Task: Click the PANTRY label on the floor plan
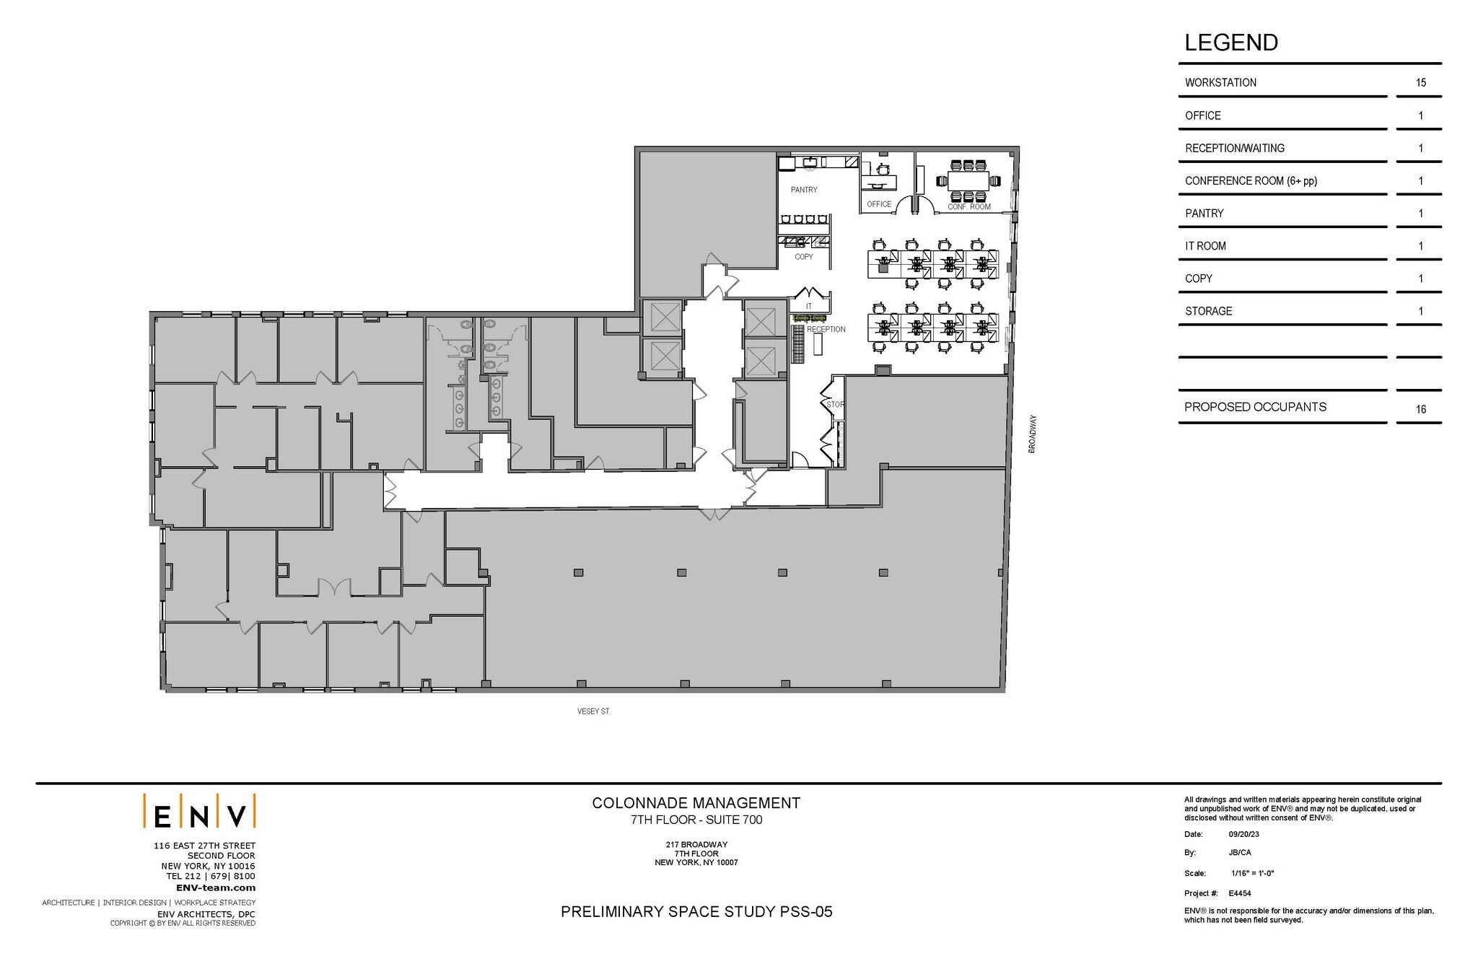pyautogui.click(x=803, y=190)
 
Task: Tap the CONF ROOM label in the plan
pyautogui.click(x=968, y=207)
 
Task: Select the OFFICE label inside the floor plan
pyautogui.click(x=878, y=204)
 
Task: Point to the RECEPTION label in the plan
pyautogui.click(x=826, y=329)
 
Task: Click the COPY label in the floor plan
pyautogui.click(x=803, y=257)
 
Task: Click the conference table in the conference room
pyautogui.click(x=968, y=181)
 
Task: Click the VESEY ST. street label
pyautogui.click(x=593, y=711)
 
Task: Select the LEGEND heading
pyautogui.click(x=1230, y=43)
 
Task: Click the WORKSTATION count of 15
pyautogui.click(x=1420, y=83)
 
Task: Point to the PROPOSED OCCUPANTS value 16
pyautogui.click(x=1420, y=409)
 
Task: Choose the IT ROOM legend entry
pyautogui.click(x=1205, y=246)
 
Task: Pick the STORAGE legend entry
pyautogui.click(x=1208, y=311)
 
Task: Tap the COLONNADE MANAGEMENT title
pyautogui.click(x=696, y=802)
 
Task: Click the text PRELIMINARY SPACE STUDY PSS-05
pyautogui.click(x=696, y=911)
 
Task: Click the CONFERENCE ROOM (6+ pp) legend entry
pyautogui.click(x=1251, y=181)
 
